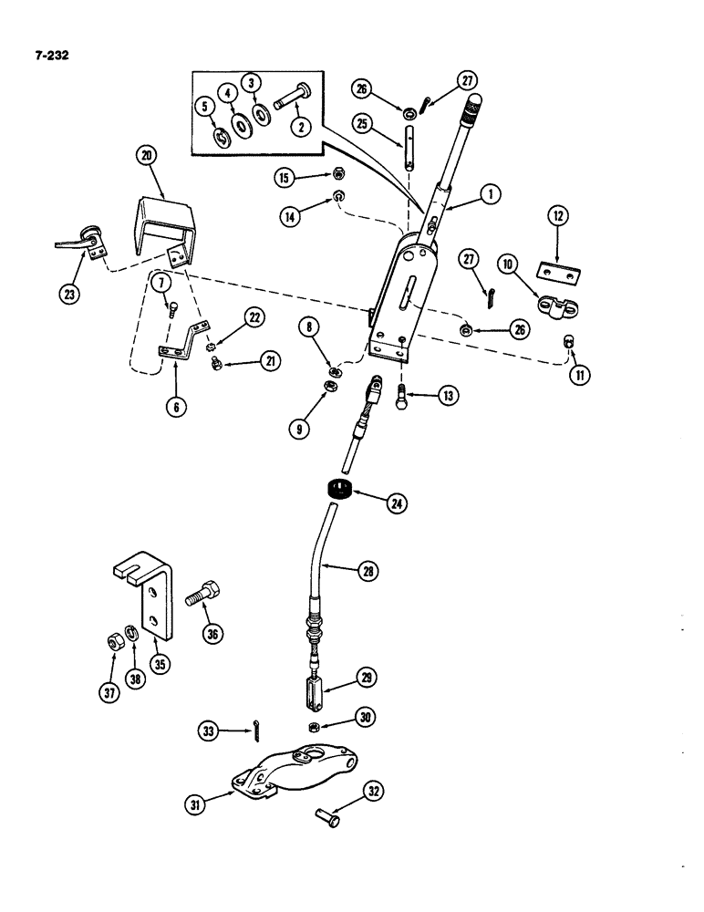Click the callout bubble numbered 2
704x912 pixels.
(x=296, y=127)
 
